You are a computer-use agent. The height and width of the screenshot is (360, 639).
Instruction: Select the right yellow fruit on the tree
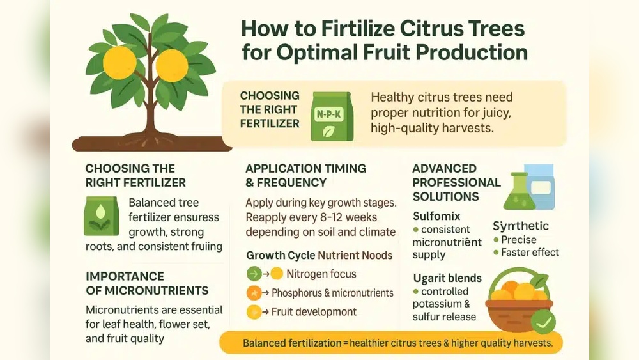171,66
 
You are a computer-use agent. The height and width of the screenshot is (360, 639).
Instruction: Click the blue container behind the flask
541,185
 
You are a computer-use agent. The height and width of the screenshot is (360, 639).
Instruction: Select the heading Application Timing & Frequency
305,175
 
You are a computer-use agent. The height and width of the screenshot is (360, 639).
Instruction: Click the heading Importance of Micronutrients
146,283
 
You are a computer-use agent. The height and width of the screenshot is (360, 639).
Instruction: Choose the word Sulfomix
436,216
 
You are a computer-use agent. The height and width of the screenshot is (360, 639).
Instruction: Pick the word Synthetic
520,226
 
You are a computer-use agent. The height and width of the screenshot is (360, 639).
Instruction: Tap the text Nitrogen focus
321,274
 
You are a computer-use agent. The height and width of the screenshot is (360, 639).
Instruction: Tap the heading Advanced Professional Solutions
456,182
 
